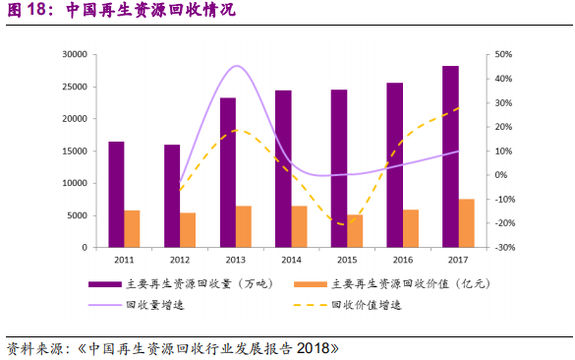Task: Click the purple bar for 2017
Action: tap(450, 156)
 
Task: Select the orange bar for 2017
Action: tap(467, 223)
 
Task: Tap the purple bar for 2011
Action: tap(116, 195)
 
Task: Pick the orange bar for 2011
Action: tap(132, 228)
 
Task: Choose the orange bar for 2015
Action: tap(355, 231)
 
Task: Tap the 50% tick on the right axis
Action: tap(503, 55)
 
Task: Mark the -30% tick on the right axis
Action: tap(503, 248)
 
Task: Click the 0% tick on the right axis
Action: tap(501, 175)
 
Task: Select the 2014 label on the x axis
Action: tap(291, 261)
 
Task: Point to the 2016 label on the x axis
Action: tap(403, 261)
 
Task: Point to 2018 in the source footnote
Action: tap(317, 348)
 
